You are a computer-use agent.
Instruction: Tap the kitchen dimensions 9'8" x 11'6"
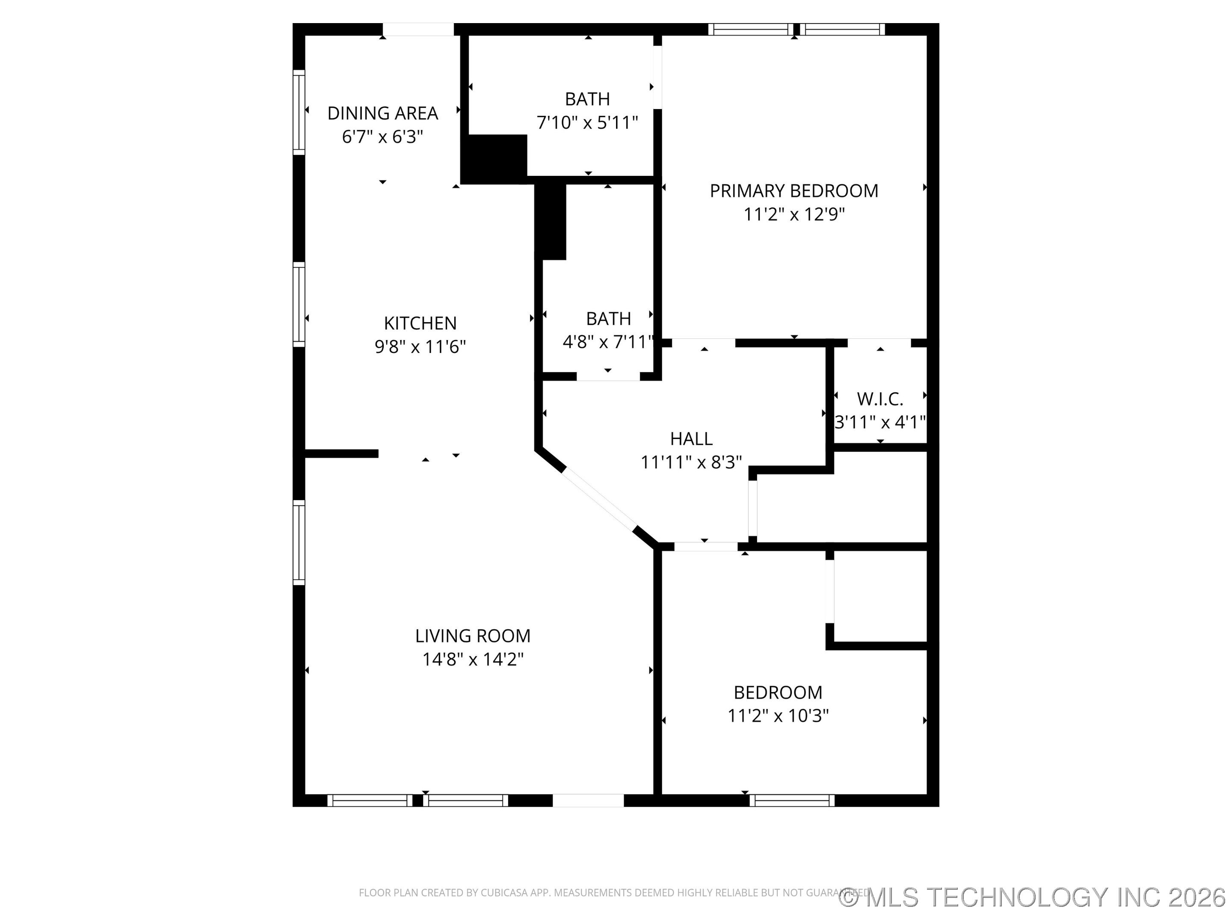(420, 346)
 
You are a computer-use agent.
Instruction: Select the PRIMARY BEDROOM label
(794, 191)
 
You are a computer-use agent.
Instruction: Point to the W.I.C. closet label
(880, 399)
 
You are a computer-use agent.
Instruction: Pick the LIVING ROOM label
(472, 636)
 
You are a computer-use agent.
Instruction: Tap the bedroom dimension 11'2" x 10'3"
(778, 716)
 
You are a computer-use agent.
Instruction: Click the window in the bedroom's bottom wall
(791, 800)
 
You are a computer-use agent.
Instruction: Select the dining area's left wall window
(299, 113)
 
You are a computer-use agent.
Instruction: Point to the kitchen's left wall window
(299, 304)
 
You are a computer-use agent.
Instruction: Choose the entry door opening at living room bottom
(588, 800)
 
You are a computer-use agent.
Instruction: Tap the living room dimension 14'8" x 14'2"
(472, 660)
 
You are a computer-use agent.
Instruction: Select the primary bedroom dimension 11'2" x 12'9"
(794, 214)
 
